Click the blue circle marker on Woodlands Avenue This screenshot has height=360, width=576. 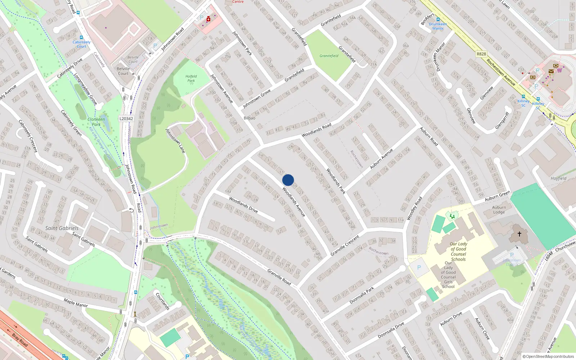click(x=288, y=180)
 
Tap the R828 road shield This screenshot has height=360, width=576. click(x=481, y=54)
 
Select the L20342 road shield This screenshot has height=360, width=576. click(x=126, y=118)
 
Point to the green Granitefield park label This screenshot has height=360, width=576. click(x=329, y=56)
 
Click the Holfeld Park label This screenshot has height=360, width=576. click(x=191, y=78)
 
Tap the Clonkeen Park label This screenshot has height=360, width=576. click(x=96, y=122)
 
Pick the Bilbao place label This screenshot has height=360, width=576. click(x=249, y=118)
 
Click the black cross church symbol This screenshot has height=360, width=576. click(x=519, y=234)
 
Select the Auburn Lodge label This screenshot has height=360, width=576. click(x=499, y=210)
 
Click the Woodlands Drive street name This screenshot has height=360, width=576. click(x=243, y=204)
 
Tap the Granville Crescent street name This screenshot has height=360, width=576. click(x=345, y=246)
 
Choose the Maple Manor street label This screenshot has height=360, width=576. click(x=76, y=302)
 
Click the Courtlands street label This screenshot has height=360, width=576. click(x=162, y=301)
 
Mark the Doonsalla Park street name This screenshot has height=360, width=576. click(x=362, y=295)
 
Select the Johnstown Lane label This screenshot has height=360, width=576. click(x=175, y=141)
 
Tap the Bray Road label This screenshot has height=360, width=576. click(x=19, y=340)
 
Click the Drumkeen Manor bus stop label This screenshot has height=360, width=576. click(x=438, y=26)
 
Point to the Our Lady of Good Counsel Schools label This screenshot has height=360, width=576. click(x=458, y=251)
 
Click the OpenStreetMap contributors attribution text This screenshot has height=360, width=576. click(x=548, y=356)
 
